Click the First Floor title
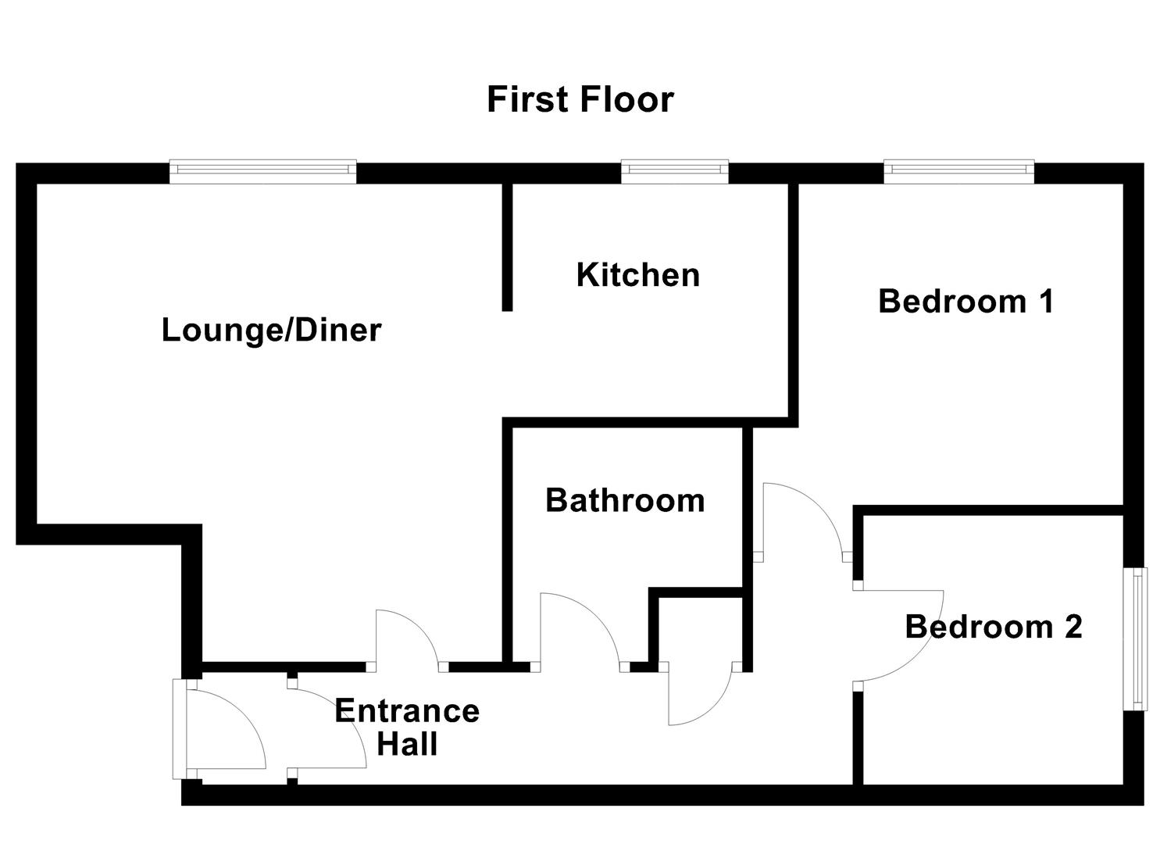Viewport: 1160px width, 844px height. pos(580,100)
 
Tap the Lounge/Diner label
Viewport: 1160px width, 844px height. pos(271,330)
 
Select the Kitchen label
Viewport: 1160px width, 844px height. pos(637,275)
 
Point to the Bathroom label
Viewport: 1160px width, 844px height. pos(625,500)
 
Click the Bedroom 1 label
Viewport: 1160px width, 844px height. pos(966,301)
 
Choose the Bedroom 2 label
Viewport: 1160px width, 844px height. pos(994,627)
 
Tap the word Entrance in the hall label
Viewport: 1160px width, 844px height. pos(407,711)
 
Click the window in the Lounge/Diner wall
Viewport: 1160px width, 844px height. pos(263,171)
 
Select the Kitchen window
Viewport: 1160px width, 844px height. pos(674,171)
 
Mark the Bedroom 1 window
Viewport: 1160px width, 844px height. pos(958,171)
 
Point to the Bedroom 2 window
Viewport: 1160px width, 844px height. pos(1135,638)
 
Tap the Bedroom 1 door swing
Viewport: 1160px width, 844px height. pos(801,520)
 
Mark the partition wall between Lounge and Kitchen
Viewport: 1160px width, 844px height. pos(507,246)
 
